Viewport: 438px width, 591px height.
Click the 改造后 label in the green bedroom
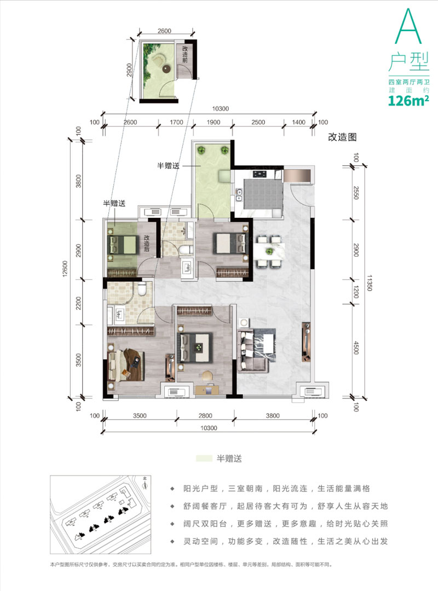pyautogui.click(x=147, y=244)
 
